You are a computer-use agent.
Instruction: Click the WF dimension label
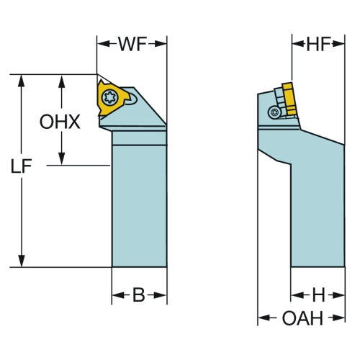tap(132, 44)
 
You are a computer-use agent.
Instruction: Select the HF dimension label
tap(319, 44)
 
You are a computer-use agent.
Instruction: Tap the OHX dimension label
tap(60, 122)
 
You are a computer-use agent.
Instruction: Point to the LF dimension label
tap(21, 166)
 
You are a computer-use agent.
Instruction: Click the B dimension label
tap(139, 295)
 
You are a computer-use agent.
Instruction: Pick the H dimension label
tap(318, 295)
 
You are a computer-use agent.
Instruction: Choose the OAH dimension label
tap(302, 318)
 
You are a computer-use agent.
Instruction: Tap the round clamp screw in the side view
tap(274, 112)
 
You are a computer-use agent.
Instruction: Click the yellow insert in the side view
tap(289, 99)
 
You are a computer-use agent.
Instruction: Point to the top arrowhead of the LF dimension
tap(22, 81)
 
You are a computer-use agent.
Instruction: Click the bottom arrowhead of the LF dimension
tap(22, 261)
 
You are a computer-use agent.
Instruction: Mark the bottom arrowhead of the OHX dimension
tap(62, 159)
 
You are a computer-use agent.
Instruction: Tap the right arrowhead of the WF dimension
tap(161, 44)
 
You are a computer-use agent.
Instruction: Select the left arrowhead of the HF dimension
tap(298, 44)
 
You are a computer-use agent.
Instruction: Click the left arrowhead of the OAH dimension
tap(264, 318)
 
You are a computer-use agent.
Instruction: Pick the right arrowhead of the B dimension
tap(161, 295)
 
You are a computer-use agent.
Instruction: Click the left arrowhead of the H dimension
tap(297, 295)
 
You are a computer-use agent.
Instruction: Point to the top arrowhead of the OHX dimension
tap(62, 81)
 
